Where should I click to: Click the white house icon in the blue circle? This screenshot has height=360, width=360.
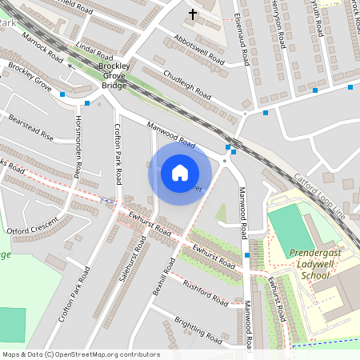pos(180,172)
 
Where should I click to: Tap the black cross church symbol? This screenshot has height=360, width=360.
pos(192,14)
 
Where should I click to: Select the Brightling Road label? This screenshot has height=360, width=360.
pos(198,330)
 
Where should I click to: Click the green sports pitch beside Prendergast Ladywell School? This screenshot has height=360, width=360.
pos(291,227)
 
